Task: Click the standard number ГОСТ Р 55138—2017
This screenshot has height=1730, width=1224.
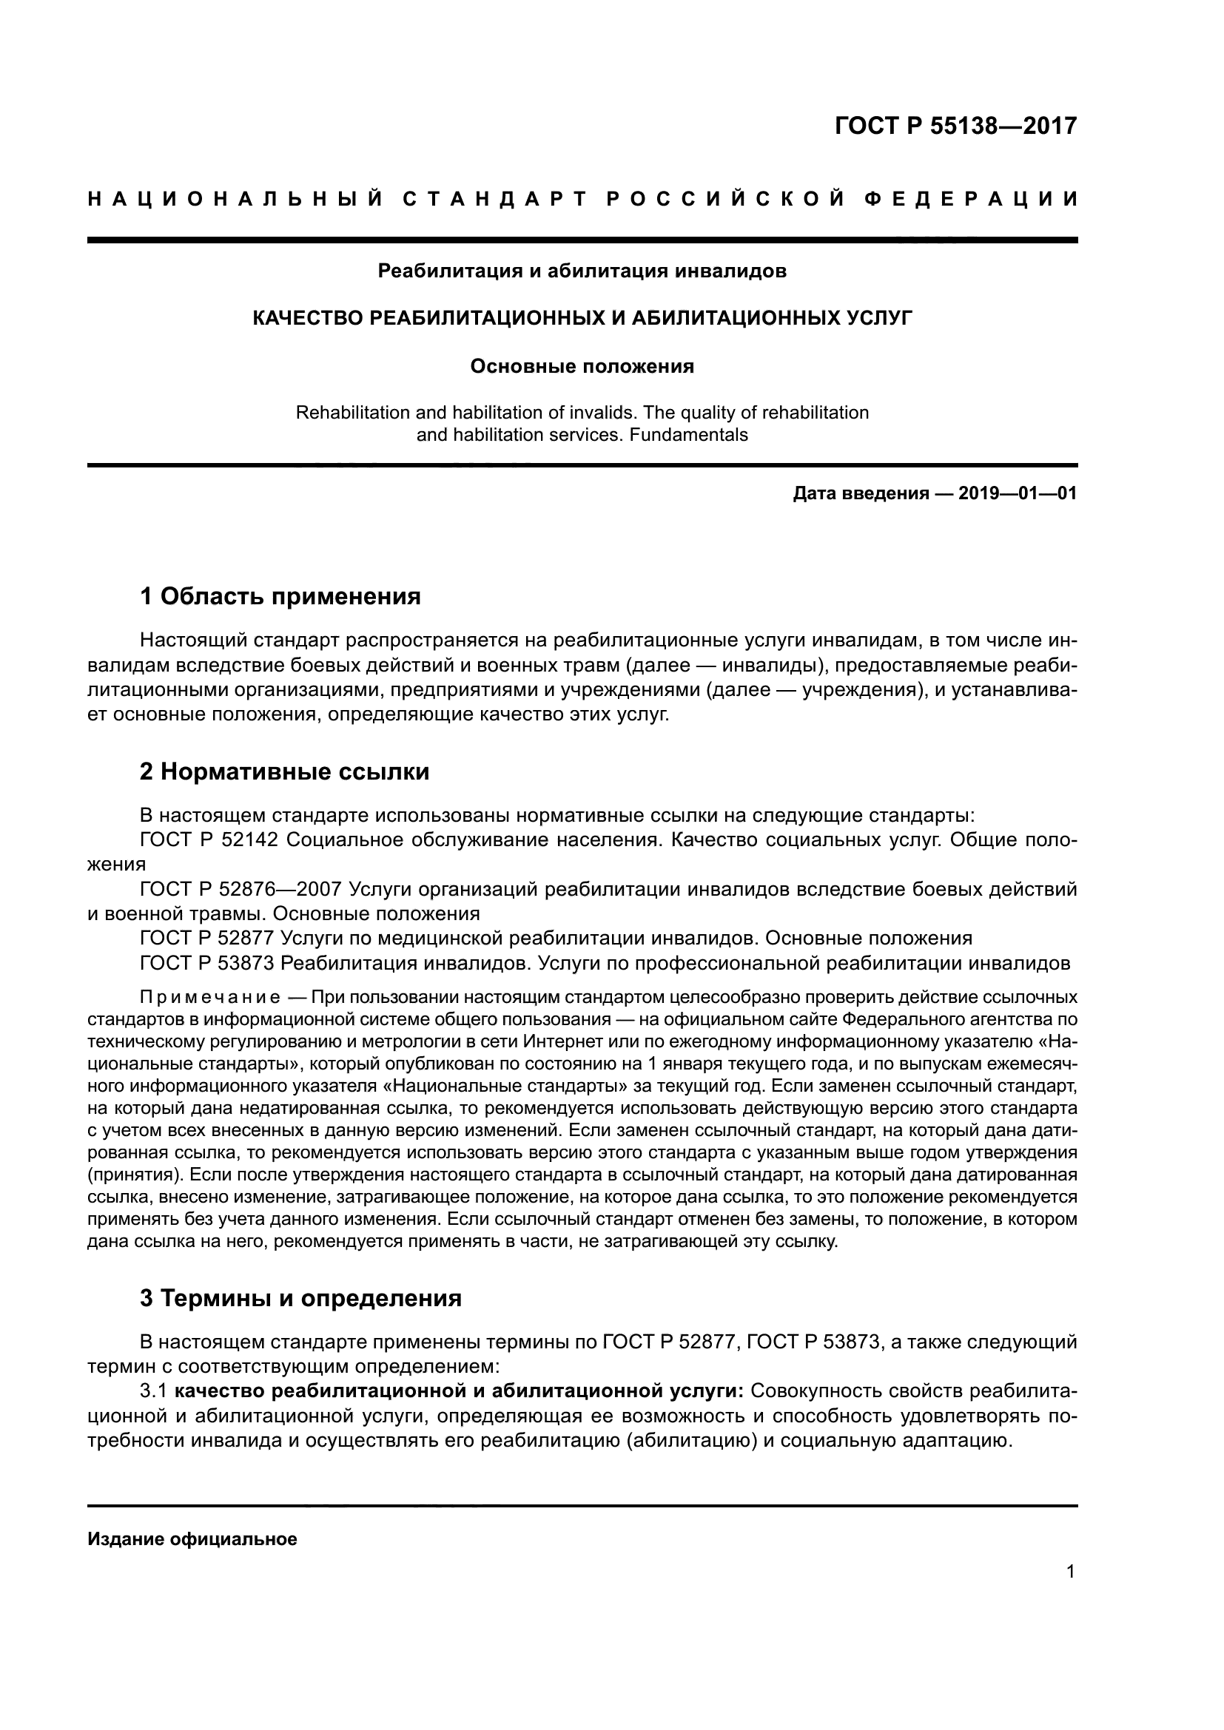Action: pyautogui.click(x=955, y=126)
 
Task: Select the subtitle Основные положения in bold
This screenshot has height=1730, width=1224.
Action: pyautogui.click(x=582, y=367)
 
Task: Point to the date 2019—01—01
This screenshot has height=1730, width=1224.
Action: pyautogui.click(x=1018, y=493)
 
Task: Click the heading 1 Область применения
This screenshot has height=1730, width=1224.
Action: pyautogui.click(x=280, y=597)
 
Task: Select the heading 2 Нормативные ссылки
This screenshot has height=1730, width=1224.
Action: pyautogui.click(x=285, y=771)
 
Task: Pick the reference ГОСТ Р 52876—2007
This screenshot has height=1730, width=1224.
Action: pyautogui.click(x=241, y=889)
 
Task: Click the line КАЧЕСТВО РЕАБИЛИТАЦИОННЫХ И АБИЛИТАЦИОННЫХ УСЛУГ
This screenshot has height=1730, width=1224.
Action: pyautogui.click(x=582, y=318)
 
